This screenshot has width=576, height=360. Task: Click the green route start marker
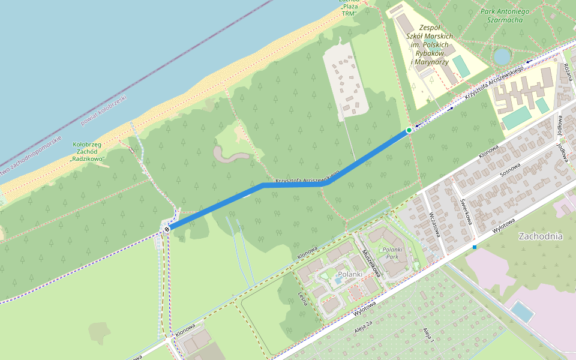[x=409, y=130]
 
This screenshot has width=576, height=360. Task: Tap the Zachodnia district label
[x=541, y=236]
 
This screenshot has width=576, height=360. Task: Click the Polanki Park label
[x=392, y=253]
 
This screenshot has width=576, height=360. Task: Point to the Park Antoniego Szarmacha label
[x=505, y=16]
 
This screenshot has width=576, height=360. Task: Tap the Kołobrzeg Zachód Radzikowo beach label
[x=88, y=152]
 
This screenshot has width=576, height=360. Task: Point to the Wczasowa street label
[x=435, y=224]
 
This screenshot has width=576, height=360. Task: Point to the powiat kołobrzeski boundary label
[x=104, y=110]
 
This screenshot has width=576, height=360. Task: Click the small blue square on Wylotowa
[x=475, y=247]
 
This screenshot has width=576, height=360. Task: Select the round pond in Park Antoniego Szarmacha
[x=502, y=56]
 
